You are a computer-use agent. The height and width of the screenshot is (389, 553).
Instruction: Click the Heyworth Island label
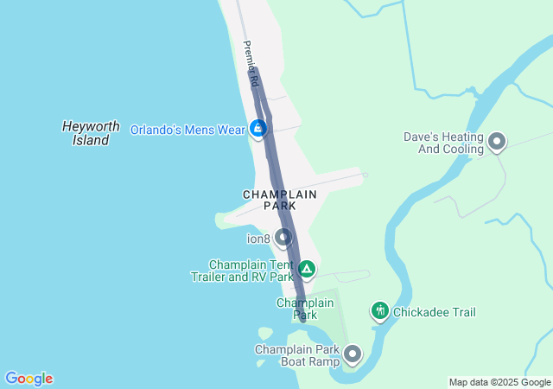coord(91,132)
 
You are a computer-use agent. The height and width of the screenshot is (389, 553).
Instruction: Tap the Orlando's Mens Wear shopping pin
coord(257,129)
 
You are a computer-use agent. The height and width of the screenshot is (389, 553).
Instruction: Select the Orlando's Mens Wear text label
coord(188,130)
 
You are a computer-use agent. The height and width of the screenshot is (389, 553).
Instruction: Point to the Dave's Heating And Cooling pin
coord(497,141)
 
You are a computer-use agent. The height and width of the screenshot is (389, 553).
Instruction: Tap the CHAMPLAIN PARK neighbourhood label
coord(279,200)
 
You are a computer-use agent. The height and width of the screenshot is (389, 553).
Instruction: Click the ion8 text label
coord(259,239)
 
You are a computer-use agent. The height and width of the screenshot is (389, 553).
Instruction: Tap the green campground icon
coord(306,269)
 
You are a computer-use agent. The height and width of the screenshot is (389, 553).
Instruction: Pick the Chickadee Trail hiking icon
coord(379,311)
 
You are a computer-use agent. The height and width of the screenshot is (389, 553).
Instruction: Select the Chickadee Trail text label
coord(434,312)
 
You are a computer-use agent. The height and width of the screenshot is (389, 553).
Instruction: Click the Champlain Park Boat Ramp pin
coord(352,354)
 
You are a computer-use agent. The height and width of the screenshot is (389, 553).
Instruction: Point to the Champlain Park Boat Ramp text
coord(296,355)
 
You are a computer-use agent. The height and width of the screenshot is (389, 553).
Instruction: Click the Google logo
coord(29,379)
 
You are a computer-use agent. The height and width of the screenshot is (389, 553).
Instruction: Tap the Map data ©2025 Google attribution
coord(499,382)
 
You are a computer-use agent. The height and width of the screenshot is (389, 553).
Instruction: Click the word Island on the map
coord(91,139)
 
